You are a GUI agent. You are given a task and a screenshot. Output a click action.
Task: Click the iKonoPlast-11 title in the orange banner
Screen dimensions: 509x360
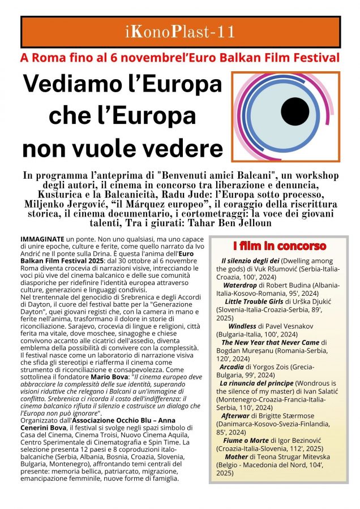coord(179,32)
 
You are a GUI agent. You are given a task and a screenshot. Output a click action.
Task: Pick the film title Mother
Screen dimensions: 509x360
coord(237,455)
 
